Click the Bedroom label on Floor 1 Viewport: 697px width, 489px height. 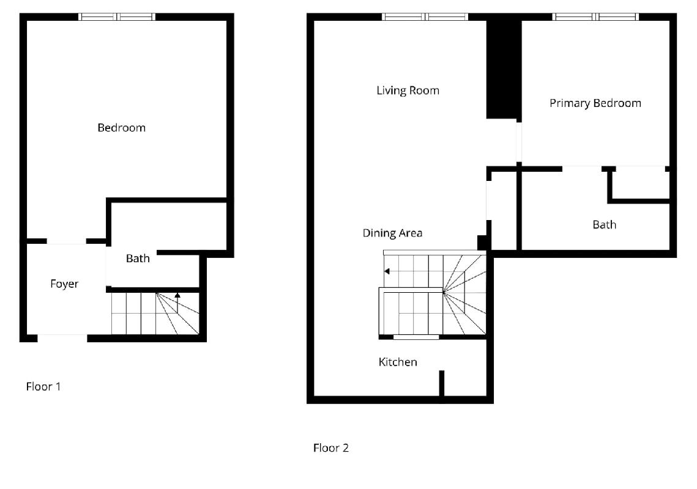click(121, 128)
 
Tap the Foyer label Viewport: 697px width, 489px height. click(64, 284)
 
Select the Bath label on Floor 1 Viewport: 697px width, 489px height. click(138, 259)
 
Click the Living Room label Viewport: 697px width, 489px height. click(408, 90)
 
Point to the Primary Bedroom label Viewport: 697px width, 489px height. click(595, 103)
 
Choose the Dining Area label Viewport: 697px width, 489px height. click(392, 233)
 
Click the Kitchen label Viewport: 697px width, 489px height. click(398, 362)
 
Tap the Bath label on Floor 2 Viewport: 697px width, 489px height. click(605, 225)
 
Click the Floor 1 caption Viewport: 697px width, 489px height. click(43, 386)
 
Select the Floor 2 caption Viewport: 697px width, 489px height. click(330, 447)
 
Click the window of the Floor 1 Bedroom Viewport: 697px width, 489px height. click(117, 17)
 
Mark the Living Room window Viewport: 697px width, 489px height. click(425, 17)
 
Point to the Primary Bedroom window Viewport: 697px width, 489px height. click(595, 17)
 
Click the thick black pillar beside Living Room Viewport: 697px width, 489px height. click(504, 69)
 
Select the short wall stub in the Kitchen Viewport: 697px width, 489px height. click(442, 383)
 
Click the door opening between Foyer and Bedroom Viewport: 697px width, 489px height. click(66, 241)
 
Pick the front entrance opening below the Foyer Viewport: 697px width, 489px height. click(62, 338)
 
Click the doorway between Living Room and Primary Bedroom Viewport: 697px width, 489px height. click(519, 142)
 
